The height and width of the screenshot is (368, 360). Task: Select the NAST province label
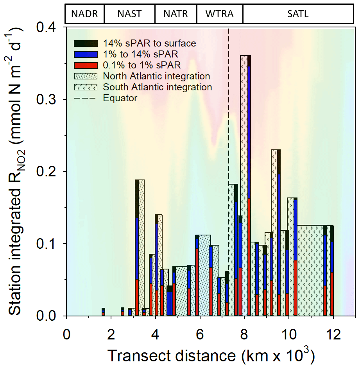129,14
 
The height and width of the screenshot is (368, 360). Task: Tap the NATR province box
176,14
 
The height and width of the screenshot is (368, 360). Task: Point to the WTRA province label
219,14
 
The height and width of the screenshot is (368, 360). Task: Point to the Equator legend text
120,98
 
